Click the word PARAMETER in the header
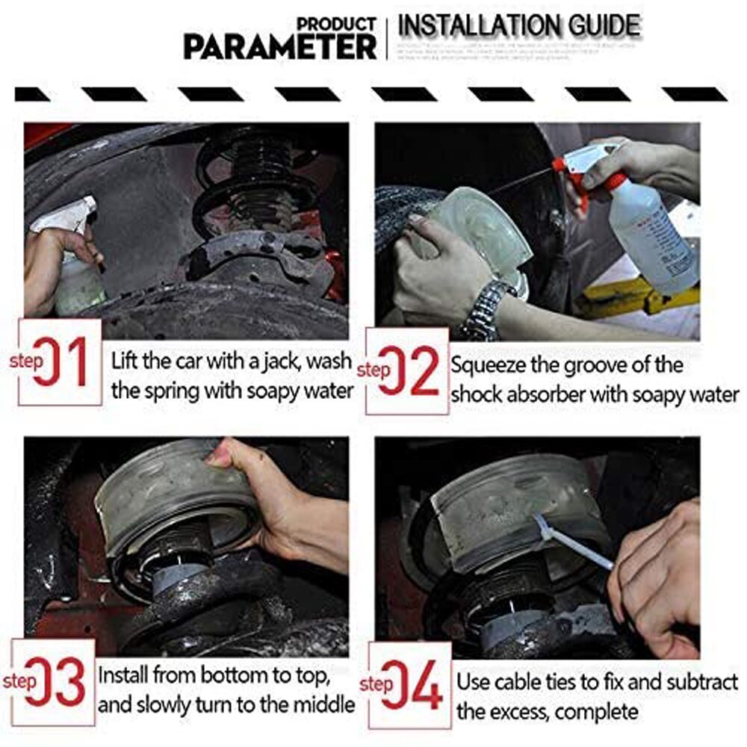point(280,46)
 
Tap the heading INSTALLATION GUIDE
point(519,26)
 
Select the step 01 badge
point(60,362)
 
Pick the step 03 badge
point(54,682)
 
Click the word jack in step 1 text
point(277,362)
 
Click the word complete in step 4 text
point(594,711)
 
